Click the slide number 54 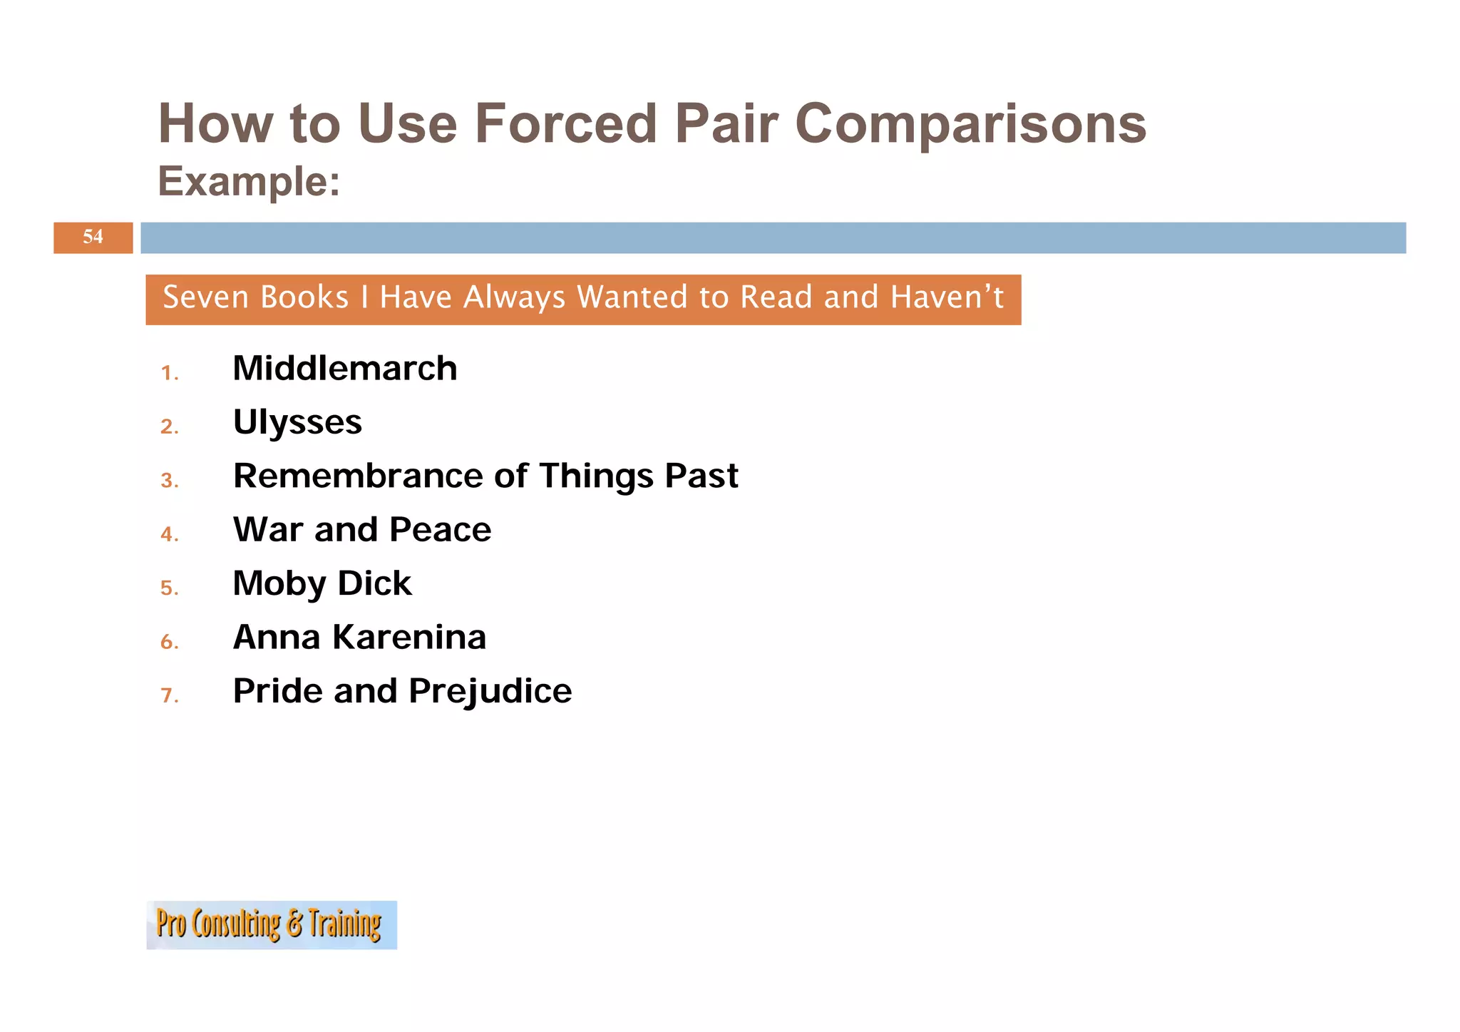point(93,237)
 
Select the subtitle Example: point(249,181)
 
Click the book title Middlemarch point(344,369)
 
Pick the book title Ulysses point(297,422)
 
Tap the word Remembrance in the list point(358,476)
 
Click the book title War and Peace point(361,530)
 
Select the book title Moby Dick point(322,583)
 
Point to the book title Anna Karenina point(359,637)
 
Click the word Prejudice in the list point(490,691)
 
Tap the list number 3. point(168,481)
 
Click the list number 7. point(168,695)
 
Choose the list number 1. point(168,373)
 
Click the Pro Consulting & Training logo point(271,924)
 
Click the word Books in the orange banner point(304,297)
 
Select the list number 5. point(168,588)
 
